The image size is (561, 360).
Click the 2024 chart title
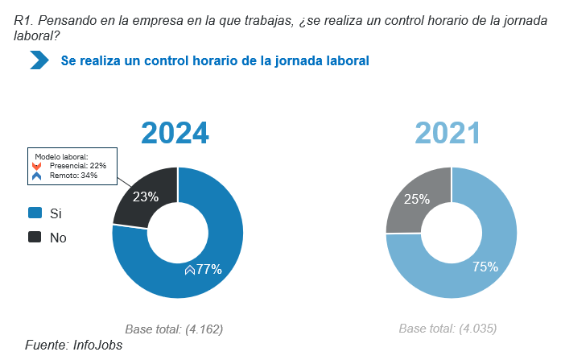click(x=175, y=133)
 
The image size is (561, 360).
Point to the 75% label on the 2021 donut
click(x=485, y=267)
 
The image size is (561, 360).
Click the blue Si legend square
click(x=35, y=213)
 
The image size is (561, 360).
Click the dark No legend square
click(x=35, y=238)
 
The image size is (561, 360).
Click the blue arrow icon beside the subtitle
click(x=39, y=60)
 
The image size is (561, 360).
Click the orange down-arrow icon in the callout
click(x=36, y=165)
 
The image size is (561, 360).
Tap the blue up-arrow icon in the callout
click(x=36, y=175)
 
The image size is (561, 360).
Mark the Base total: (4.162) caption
click(x=174, y=329)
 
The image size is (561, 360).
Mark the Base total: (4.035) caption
click(x=448, y=329)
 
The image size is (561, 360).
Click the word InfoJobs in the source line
click(x=97, y=345)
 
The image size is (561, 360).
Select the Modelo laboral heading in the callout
click(x=60, y=156)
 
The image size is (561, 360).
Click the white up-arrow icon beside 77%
click(x=190, y=271)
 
